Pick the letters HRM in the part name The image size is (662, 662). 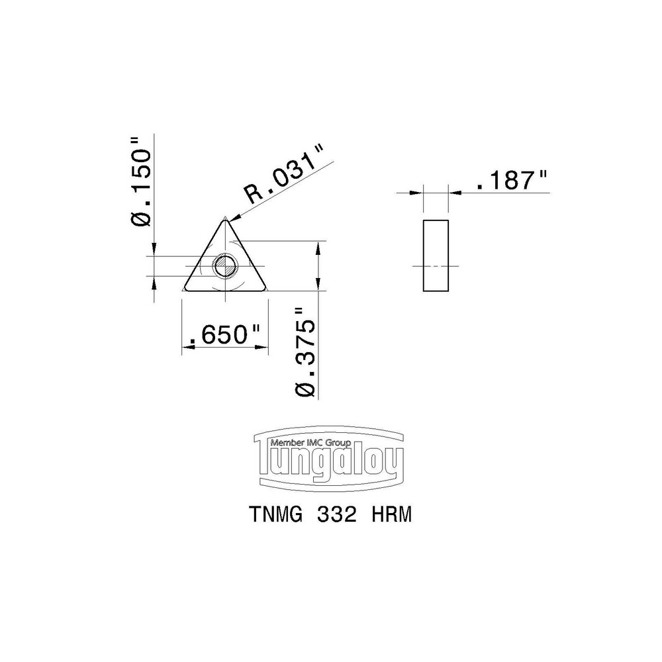point(389,516)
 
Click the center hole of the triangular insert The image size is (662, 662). point(225,267)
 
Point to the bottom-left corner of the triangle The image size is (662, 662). point(185,289)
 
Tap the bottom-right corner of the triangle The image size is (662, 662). point(266,289)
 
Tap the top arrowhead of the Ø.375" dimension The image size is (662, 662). point(319,246)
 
